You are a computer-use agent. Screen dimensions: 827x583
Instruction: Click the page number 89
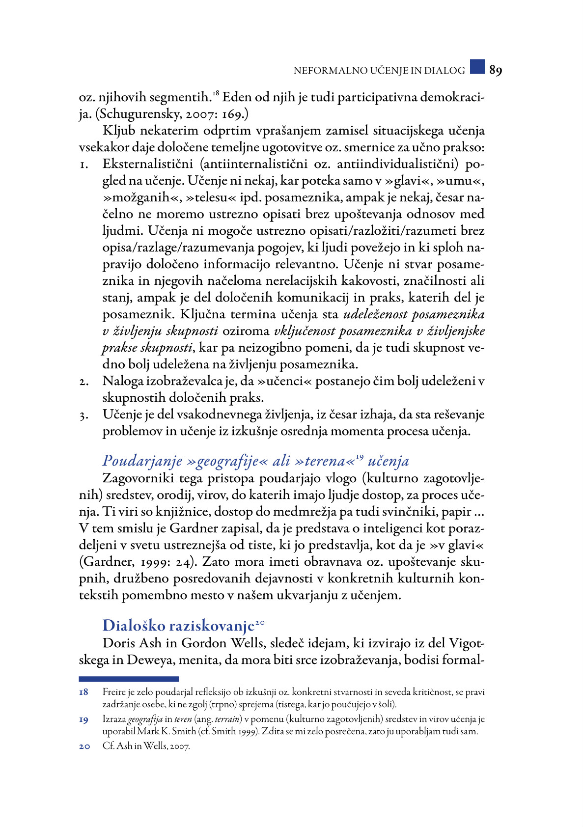(x=495, y=71)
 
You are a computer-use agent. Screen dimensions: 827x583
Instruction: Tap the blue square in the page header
(x=477, y=67)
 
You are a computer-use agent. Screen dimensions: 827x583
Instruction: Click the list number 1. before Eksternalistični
(x=84, y=165)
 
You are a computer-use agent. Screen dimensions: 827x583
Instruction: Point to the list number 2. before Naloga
(x=84, y=382)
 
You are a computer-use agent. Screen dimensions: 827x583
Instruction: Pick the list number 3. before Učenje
(x=84, y=415)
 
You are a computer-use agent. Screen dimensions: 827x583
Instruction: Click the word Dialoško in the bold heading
(x=133, y=626)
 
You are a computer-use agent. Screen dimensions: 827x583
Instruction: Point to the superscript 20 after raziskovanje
(x=260, y=623)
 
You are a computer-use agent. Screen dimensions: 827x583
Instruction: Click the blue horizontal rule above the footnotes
(x=129, y=679)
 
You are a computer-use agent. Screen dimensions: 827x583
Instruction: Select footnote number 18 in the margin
(x=84, y=692)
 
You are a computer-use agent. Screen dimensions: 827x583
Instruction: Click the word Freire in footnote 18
(x=113, y=692)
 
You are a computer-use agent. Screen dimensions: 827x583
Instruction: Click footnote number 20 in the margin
(x=84, y=746)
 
